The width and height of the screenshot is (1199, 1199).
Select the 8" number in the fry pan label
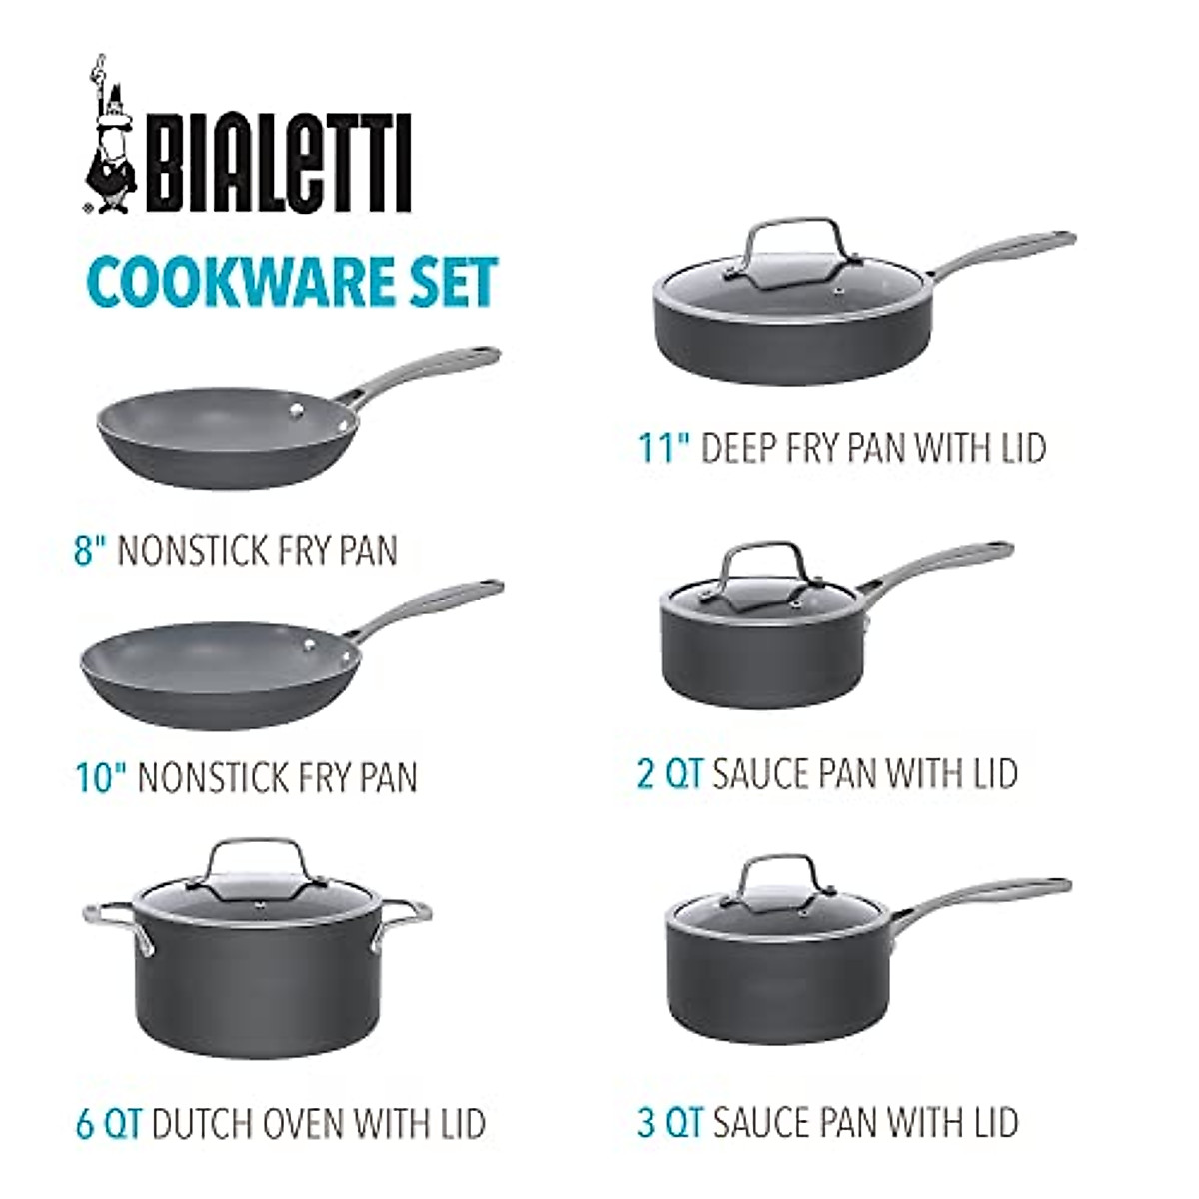point(91,550)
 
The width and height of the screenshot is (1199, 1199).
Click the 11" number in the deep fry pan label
point(665,447)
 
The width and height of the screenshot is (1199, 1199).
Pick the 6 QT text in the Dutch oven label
point(109,1123)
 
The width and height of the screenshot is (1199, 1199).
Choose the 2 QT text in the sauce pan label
point(670,773)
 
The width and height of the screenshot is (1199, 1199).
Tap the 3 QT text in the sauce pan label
point(670,1121)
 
